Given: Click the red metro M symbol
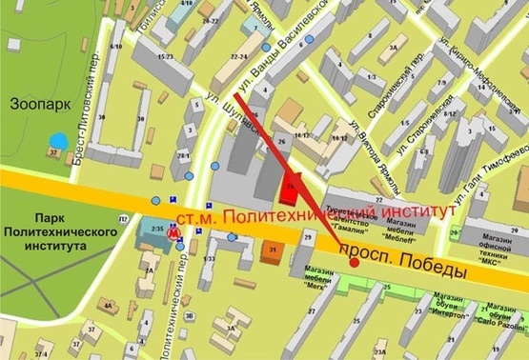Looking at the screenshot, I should (x=173, y=230).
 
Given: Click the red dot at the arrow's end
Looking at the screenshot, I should (x=355, y=263).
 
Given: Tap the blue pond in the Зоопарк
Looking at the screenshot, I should (x=58, y=140).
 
